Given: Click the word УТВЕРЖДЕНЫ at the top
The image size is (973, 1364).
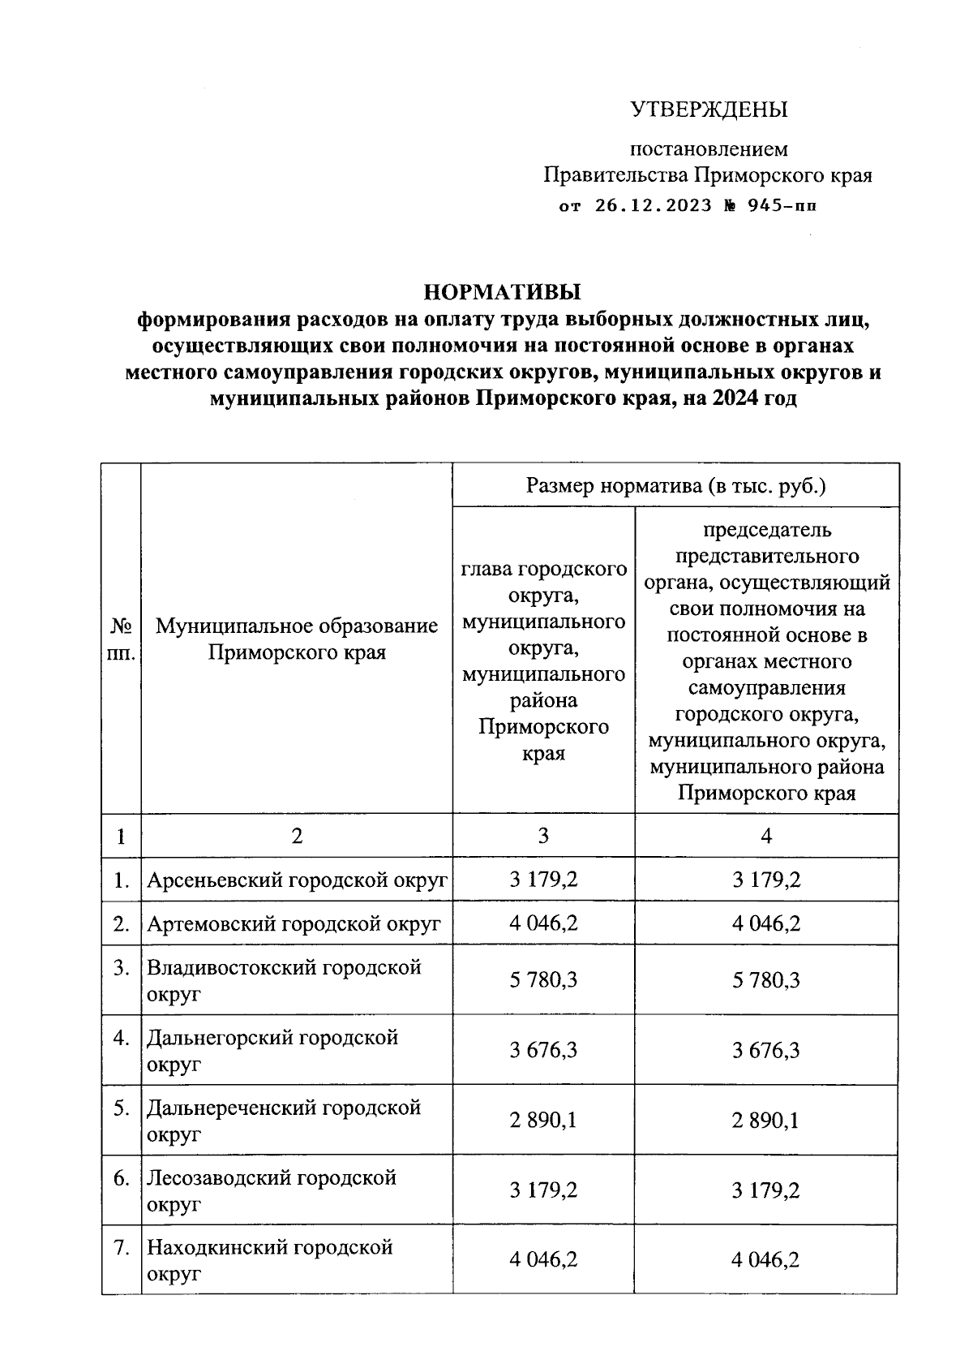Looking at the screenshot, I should pyautogui.click(x=709, y=110).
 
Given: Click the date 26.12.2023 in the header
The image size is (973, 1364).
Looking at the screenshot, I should pyautogui.click(x=653, y=205).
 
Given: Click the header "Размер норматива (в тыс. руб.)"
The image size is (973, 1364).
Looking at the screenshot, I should pyautogui.click(x=675, y=486).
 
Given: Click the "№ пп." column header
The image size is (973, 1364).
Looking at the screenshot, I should pyautogui.click(x=121, y=639).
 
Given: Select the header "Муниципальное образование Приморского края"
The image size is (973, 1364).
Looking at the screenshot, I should pyautogui.click(x=297, y=639).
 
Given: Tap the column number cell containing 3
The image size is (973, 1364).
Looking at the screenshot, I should pyautogui.click(x=543, y=836).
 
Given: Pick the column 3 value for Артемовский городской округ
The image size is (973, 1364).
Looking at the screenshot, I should pyautogui.click(x=543, y=923).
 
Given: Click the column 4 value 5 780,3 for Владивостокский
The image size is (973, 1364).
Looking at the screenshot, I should pyautogui.click(x=766, y=980).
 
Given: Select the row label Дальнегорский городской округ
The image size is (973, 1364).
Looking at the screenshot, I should pyautogui.click(x=272, y=1050).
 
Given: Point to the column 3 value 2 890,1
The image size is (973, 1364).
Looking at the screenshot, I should pyautogui.click(x=543, y=1121).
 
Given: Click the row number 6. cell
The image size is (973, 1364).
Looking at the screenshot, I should pyautogui.click(x=122, y=1177).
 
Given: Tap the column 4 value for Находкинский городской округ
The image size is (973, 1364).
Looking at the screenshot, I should pyautogui.click(x=766, y=1260).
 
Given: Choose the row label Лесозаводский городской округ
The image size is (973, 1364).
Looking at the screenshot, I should pyautogui.click(x=272, y=1190).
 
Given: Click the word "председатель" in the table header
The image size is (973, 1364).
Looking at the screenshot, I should pyautogui.click(x=766, y=530).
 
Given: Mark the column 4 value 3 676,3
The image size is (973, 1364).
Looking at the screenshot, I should pyautogui.click(x=766, y=1051).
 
